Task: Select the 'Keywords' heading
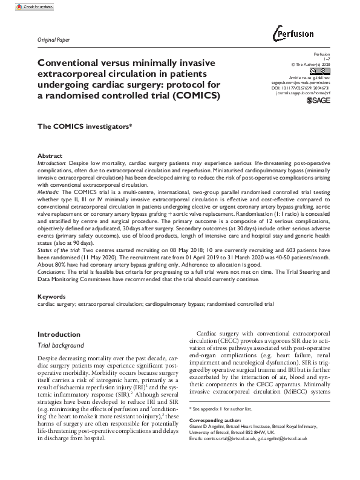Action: pyautogui.click(x=51, y=297)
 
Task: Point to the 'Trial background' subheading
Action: pyautogui.click(x=61, y=345)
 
